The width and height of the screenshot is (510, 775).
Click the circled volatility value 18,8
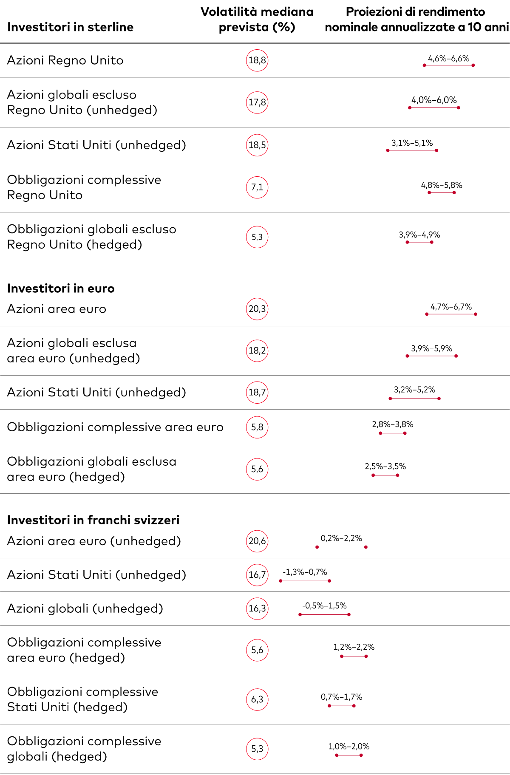tap(257, 60)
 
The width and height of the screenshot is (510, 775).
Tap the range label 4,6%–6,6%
tap(448, 59)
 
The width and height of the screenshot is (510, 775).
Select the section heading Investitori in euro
tap(61, 289)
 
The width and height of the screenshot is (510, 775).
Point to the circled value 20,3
tap(257, 309)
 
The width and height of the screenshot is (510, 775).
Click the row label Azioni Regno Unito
tap(65, 60)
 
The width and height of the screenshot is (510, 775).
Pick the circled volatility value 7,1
tap(257, 187)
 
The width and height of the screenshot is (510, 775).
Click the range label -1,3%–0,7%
tap(305, 572)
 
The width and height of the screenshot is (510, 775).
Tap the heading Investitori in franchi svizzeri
tap(93, 520)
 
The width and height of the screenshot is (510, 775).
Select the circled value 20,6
tap(257, 541)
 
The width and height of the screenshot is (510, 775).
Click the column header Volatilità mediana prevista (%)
tap(257, 20)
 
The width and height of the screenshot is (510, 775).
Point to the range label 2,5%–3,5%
tap(385, 467)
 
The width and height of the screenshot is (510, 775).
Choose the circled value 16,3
tap(257, 608)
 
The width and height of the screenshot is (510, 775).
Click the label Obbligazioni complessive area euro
tap(115, 427)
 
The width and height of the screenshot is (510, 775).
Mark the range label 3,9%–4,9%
tap(419, 235)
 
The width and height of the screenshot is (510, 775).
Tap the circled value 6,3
tap(257, 699)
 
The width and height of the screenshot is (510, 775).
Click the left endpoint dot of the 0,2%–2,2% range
tap(317, 547)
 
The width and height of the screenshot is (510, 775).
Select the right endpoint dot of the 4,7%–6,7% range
tap(476, 314)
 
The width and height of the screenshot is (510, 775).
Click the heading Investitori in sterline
tap(70, 27)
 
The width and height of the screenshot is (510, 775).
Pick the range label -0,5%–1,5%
tap(324, 606)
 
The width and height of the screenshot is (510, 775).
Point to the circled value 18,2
tap(257, 351)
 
